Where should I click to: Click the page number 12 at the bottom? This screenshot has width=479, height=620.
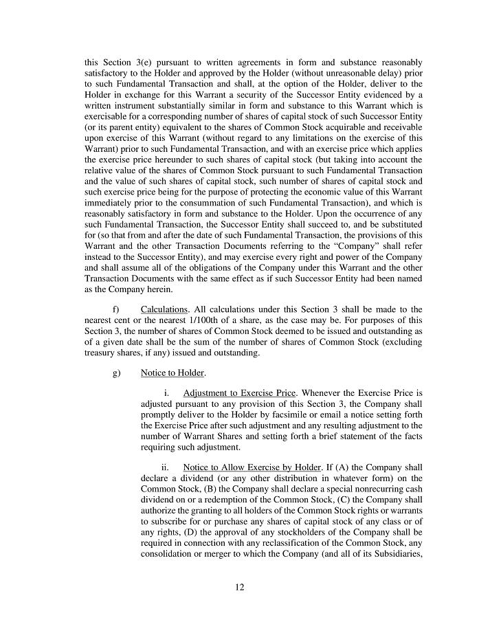click(239, 587)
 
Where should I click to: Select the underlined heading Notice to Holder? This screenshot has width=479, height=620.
click(172, 373)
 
